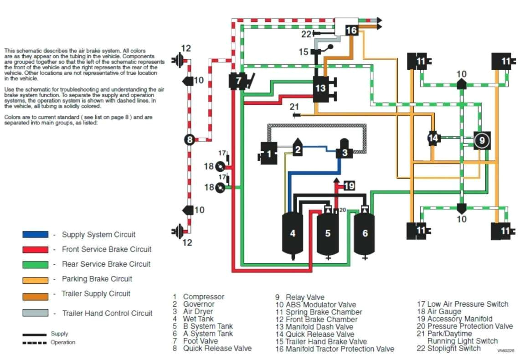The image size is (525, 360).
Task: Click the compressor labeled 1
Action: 268,153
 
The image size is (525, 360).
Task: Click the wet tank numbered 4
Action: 293,233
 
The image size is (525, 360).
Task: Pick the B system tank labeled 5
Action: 327,233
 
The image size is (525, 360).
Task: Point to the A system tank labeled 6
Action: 365,233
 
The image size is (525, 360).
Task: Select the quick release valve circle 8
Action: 190,140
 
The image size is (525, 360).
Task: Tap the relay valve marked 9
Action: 482,140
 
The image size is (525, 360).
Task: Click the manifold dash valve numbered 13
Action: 321,88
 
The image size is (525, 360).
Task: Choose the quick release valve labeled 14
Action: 433,138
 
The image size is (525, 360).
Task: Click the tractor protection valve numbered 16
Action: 351,30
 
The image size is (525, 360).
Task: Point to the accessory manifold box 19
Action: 349,185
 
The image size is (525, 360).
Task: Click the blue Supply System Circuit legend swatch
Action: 35,234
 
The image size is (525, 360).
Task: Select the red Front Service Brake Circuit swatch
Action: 35,249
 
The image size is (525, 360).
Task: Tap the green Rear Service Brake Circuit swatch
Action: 35,264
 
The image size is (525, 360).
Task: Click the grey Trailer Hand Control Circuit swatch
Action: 35,313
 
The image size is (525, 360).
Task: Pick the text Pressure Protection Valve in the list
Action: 470,326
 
